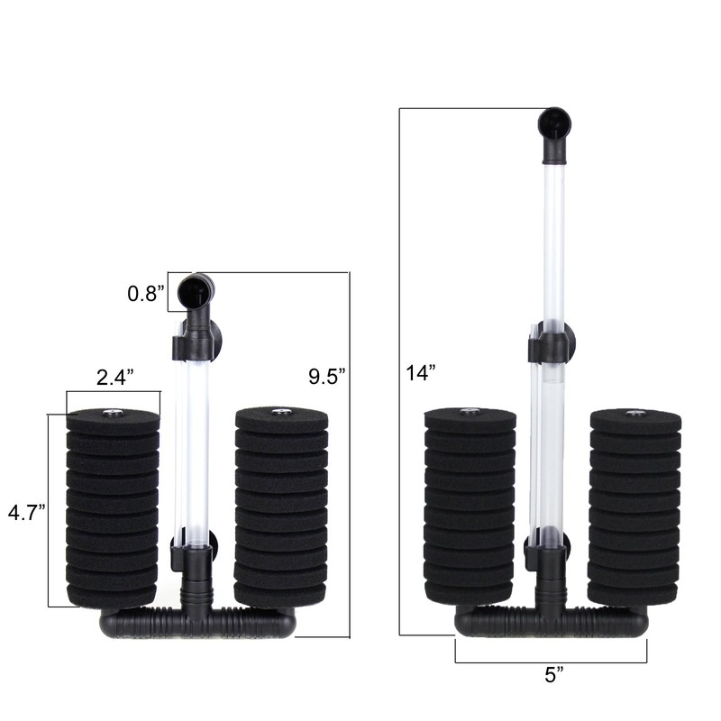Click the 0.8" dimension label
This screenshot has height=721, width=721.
pos(145,293)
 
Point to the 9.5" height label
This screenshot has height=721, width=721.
pos(326,376)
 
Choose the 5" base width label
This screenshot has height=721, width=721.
pos(550,673)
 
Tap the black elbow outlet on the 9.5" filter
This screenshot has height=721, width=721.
pos(196,293)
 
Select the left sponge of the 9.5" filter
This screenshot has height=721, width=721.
pos(113,509)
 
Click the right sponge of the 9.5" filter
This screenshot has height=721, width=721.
pos(280,509)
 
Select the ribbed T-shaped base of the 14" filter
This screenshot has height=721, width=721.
pos(551,621)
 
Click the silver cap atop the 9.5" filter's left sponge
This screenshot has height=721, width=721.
pos(113,414)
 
